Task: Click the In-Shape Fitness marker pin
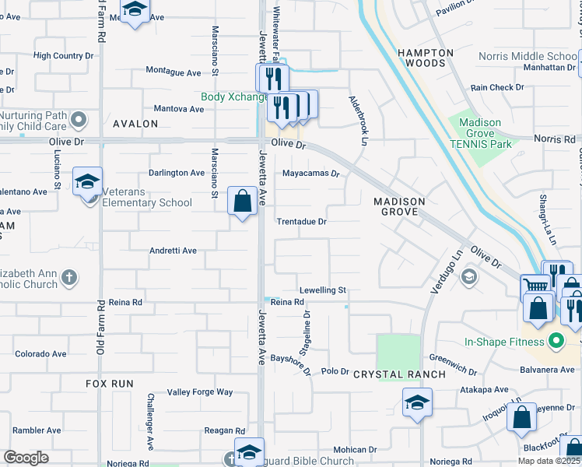coord(556,342)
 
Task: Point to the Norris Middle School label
coord(528,56)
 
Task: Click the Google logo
coord(26,458)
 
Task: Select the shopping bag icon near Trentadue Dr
coord(243,201)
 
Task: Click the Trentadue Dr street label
coord(302,222)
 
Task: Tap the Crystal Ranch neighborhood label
coord(400,374)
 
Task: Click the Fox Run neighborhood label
coord(110,384)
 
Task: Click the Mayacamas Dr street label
coord(311,174)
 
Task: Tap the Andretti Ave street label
coord(173,251)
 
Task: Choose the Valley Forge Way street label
coord(201,392)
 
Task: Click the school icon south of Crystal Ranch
coord(417,402)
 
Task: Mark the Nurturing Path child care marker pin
coord(78,119)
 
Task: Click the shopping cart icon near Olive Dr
coord(536,286)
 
